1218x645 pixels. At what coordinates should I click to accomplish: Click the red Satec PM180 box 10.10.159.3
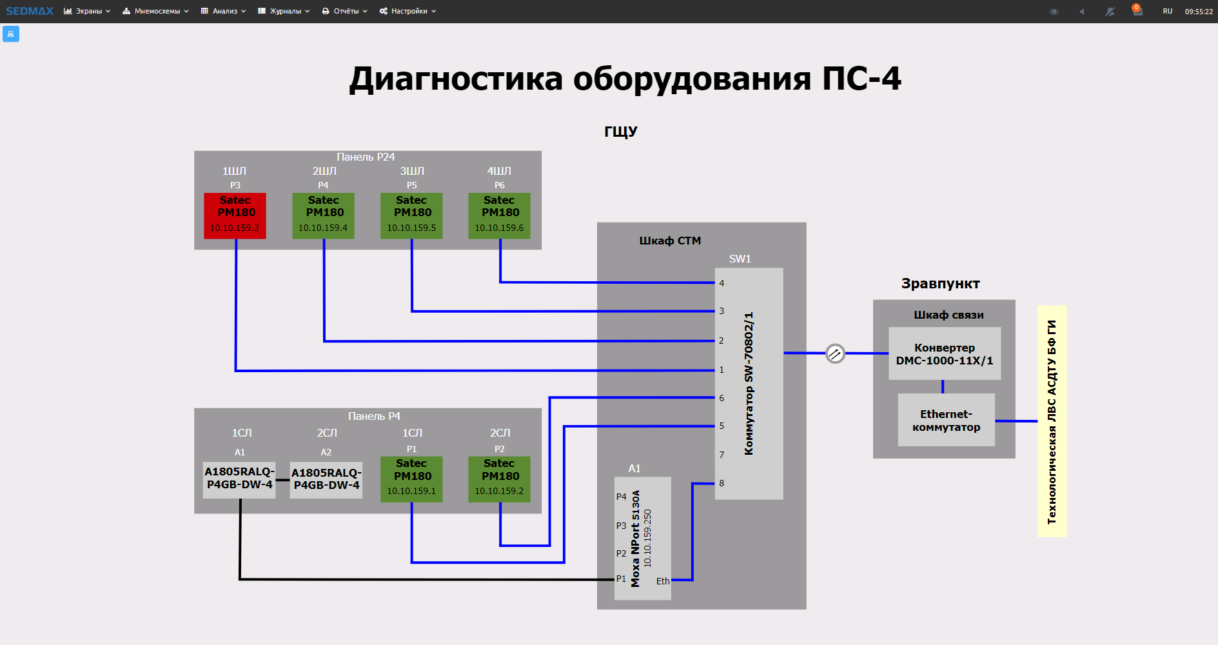point(235,215)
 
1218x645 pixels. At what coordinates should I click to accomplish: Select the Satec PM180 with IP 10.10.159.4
point(323,215)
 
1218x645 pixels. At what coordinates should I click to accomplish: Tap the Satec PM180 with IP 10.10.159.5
point(411,215)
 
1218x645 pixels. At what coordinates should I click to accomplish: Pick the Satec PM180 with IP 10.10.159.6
point(499,215)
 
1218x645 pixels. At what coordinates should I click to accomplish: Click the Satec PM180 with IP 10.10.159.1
point(411,479)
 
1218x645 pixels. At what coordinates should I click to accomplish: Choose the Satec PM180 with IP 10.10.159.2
point(499,479)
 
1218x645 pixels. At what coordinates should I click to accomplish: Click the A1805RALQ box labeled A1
point(239,479)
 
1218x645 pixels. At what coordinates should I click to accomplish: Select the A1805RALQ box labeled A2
point(326,480)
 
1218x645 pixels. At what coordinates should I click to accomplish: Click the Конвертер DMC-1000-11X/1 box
point(945,353)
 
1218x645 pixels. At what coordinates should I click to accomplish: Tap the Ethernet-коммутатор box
point(946,420)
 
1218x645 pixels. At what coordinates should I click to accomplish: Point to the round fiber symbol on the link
point(835,353)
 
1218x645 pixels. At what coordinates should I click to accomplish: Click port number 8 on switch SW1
point(722,483)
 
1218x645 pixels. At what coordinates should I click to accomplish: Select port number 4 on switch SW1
point(722,283)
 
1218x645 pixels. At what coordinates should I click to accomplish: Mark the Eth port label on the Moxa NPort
point(663,581)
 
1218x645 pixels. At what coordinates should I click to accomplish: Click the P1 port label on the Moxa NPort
point(621,579)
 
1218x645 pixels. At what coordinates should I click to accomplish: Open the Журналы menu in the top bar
point(284,11)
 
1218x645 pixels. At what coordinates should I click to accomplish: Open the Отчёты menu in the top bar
point(345,11)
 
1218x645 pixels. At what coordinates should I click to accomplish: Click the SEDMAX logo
point(30,11)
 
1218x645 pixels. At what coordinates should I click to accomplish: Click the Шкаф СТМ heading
point(670,241)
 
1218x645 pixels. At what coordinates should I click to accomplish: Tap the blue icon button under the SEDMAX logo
point(11,34)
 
